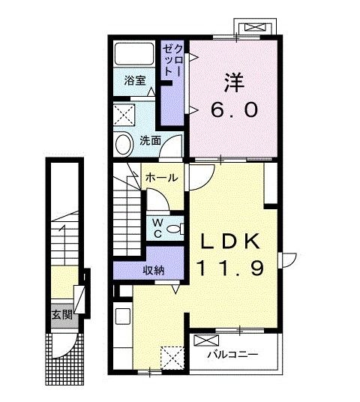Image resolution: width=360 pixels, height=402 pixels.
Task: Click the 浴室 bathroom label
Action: (x=135, y=80)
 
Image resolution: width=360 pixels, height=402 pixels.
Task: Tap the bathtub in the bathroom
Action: (x=134, y=54)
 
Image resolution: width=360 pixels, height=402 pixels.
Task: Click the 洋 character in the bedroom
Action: (x=234, y=82)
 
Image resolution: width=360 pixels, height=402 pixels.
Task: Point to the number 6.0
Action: (x=234, y=109)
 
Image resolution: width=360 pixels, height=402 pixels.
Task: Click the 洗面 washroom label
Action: (x=150, y=140)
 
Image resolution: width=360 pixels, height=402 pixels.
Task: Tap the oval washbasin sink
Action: (x=124, y=145)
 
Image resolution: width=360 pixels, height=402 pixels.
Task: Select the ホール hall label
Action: (x=161, y=178)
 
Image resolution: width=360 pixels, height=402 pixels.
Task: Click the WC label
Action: (x=157, y=229)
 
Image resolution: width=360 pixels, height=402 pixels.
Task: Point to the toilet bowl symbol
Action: (x=175, y=229)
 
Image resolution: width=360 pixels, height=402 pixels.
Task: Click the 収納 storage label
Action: (x=153, y=271)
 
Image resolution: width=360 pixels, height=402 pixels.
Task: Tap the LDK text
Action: (x=229, y=241)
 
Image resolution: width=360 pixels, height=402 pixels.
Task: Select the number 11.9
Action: (x=229, y=268)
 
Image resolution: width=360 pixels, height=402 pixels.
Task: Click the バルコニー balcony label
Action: (x=232, y=355)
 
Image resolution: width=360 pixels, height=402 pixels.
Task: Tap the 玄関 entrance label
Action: (x=61, y=315)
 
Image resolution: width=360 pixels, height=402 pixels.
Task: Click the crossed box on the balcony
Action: (x=206, y=340)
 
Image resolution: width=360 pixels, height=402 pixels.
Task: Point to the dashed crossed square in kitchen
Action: (x=172, y=358)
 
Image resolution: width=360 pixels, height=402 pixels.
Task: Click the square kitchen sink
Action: (x=123, y=316)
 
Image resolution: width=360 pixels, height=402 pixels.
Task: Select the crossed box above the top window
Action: (x=254, y=27)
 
